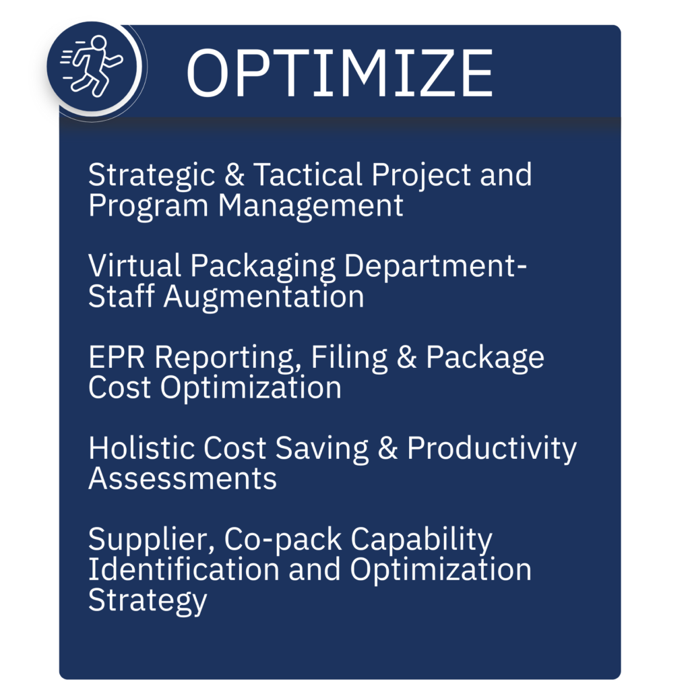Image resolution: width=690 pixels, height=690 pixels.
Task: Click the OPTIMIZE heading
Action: [x=339, y=72]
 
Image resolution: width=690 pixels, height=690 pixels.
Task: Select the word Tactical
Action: [x=301, y=175]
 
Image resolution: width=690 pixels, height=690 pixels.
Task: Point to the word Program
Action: [x=148, y=206]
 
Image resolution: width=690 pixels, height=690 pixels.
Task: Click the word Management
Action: [x=310, y=206]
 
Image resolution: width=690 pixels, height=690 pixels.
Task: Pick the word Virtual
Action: [x=135, y=266]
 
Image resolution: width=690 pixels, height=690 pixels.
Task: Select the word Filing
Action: [x=349, y=357]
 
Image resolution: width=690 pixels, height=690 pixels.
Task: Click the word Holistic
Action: [x=142, y=448]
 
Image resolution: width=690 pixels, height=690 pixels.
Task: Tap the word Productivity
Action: [x=491, y=449]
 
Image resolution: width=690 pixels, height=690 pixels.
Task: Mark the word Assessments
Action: [x=183, y=478]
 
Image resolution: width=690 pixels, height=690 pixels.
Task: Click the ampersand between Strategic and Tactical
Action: [x=234, y=175]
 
